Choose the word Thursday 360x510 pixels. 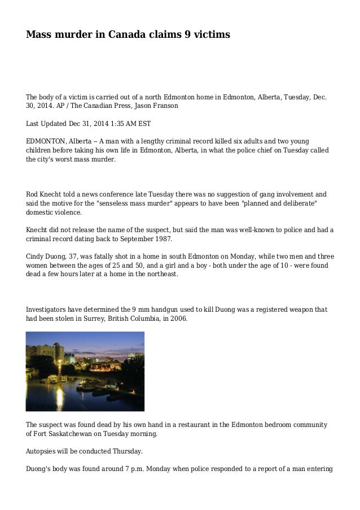[x=127, y=451]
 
